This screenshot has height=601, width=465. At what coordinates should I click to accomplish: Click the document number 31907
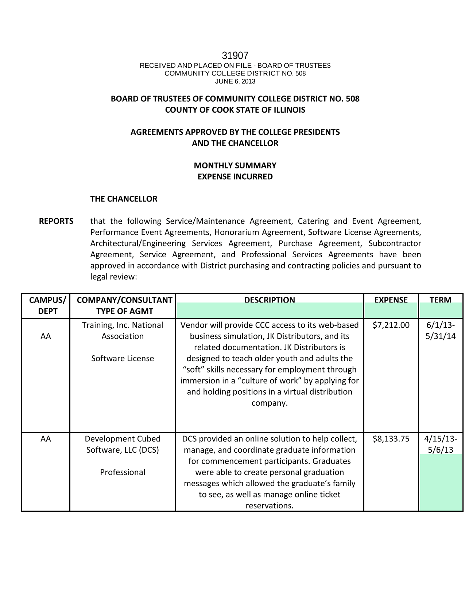(x=235, y=56)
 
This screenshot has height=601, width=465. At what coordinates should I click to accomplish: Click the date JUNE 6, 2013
(x=235, y=81)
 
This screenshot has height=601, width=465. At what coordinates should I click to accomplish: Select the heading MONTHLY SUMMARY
(x=235, y=165)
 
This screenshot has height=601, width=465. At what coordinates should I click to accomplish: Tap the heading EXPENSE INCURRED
(x=235, y=177)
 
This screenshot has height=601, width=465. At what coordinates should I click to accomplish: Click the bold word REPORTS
(x=56, y=221)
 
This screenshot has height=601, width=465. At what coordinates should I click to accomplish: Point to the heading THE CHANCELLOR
(x=124, y=199)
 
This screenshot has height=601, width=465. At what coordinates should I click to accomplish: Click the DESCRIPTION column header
(x=270, y=300)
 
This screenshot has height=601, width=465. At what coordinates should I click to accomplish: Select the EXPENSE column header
(x=391, y=300)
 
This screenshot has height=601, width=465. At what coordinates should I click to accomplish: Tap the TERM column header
(x=440, y=300)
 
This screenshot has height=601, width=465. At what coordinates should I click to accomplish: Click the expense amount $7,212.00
(x=391, y=325)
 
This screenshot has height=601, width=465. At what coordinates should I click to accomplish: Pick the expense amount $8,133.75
(x=391, y=439)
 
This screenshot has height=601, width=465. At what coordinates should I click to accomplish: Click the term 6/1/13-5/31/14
(x=441, y=331)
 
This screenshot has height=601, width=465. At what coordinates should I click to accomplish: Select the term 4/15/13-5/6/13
(x=441, y=444)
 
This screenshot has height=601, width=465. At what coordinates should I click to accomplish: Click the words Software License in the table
(x=123, y=359)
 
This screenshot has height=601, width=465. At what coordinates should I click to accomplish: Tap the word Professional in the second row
(x=123, y=472)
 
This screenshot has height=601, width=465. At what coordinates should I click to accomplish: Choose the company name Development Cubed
(x=123, y=439)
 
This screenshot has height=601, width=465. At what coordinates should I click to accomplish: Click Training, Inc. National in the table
(x=123, y=325)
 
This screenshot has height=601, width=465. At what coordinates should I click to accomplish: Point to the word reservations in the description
(x=270, y=506)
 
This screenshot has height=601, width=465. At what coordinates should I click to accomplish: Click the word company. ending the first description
(x=270, y=403)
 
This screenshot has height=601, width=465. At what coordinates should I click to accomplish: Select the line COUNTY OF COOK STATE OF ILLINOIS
(x=235, y=110)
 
